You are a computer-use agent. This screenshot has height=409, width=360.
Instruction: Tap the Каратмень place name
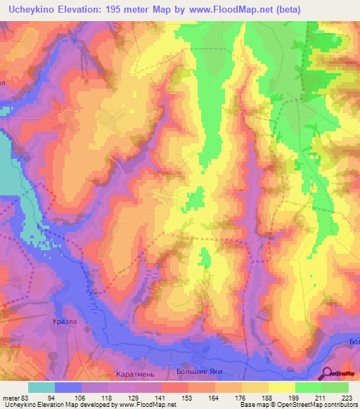(x=113, y=367)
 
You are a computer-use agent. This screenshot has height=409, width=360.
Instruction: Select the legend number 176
(x=241, y=396)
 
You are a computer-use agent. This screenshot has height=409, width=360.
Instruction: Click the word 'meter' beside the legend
(x=10, y=396)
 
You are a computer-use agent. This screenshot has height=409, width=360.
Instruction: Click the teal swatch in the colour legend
(x=41, y=387)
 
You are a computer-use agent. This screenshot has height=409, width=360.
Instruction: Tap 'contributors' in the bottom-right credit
(x=340, y=404)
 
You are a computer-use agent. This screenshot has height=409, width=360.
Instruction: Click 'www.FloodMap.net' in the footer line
(x=144, y=404)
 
